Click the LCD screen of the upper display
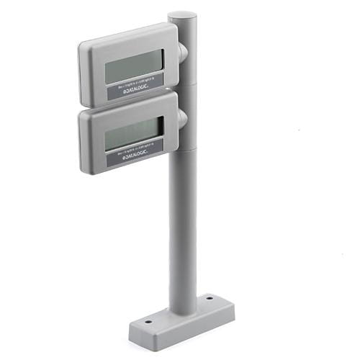[x=134, y=67]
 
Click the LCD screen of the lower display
[x=133, y=134]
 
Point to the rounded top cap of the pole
[x=182, y=15]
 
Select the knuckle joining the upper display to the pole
[x=182, y=52]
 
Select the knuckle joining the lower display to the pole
[x=182, y=119]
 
